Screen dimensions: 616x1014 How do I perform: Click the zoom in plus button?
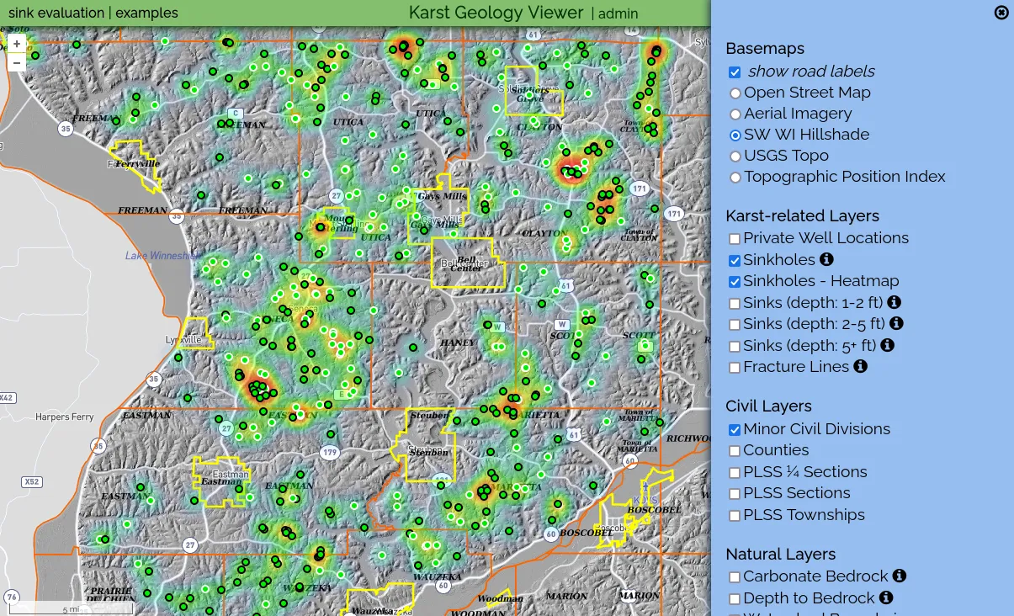tap(17, 44)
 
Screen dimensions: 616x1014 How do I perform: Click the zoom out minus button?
tap(17, 62)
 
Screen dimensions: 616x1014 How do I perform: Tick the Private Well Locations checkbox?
tap(735, 239)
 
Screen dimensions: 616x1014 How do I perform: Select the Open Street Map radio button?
tap(735, 93)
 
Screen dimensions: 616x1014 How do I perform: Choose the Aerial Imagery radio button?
tap(735, 114)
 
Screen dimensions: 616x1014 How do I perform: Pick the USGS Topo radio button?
tap(735, 157)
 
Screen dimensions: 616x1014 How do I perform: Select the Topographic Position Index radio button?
tap(735, 178)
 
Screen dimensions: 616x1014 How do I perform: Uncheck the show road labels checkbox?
tap(735, 72)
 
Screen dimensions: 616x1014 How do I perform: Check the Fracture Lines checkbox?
tap(735, 368)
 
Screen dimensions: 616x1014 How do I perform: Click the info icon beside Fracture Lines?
tap(860, 366)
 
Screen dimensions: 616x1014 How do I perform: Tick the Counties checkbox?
tap(735, 451)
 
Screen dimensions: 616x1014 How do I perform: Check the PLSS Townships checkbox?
tap(735, 516)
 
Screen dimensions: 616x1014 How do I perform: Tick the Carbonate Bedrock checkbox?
tap(735, 577)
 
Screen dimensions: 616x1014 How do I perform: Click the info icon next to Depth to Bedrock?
tap(885, 597)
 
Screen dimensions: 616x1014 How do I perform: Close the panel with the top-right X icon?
tap(1001, 13)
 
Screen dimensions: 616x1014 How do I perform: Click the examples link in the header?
tap(146, 13)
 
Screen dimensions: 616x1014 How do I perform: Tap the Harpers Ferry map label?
tap(65, 417)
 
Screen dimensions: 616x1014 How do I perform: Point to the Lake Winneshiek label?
tap(161, 256)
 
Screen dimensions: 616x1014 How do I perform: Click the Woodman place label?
tap(500, 599)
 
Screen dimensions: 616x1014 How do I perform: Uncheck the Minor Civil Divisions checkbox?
tap(735, 430)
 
